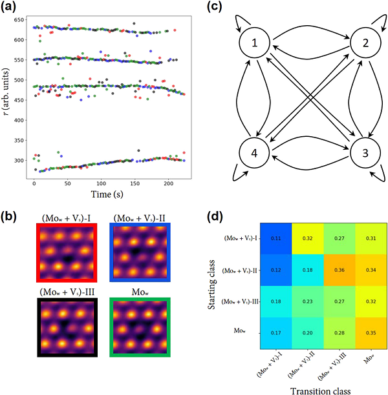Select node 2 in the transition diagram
(x=363, y=45)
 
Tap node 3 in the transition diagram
(x=363, y=156)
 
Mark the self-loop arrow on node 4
(x=240, y=175)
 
